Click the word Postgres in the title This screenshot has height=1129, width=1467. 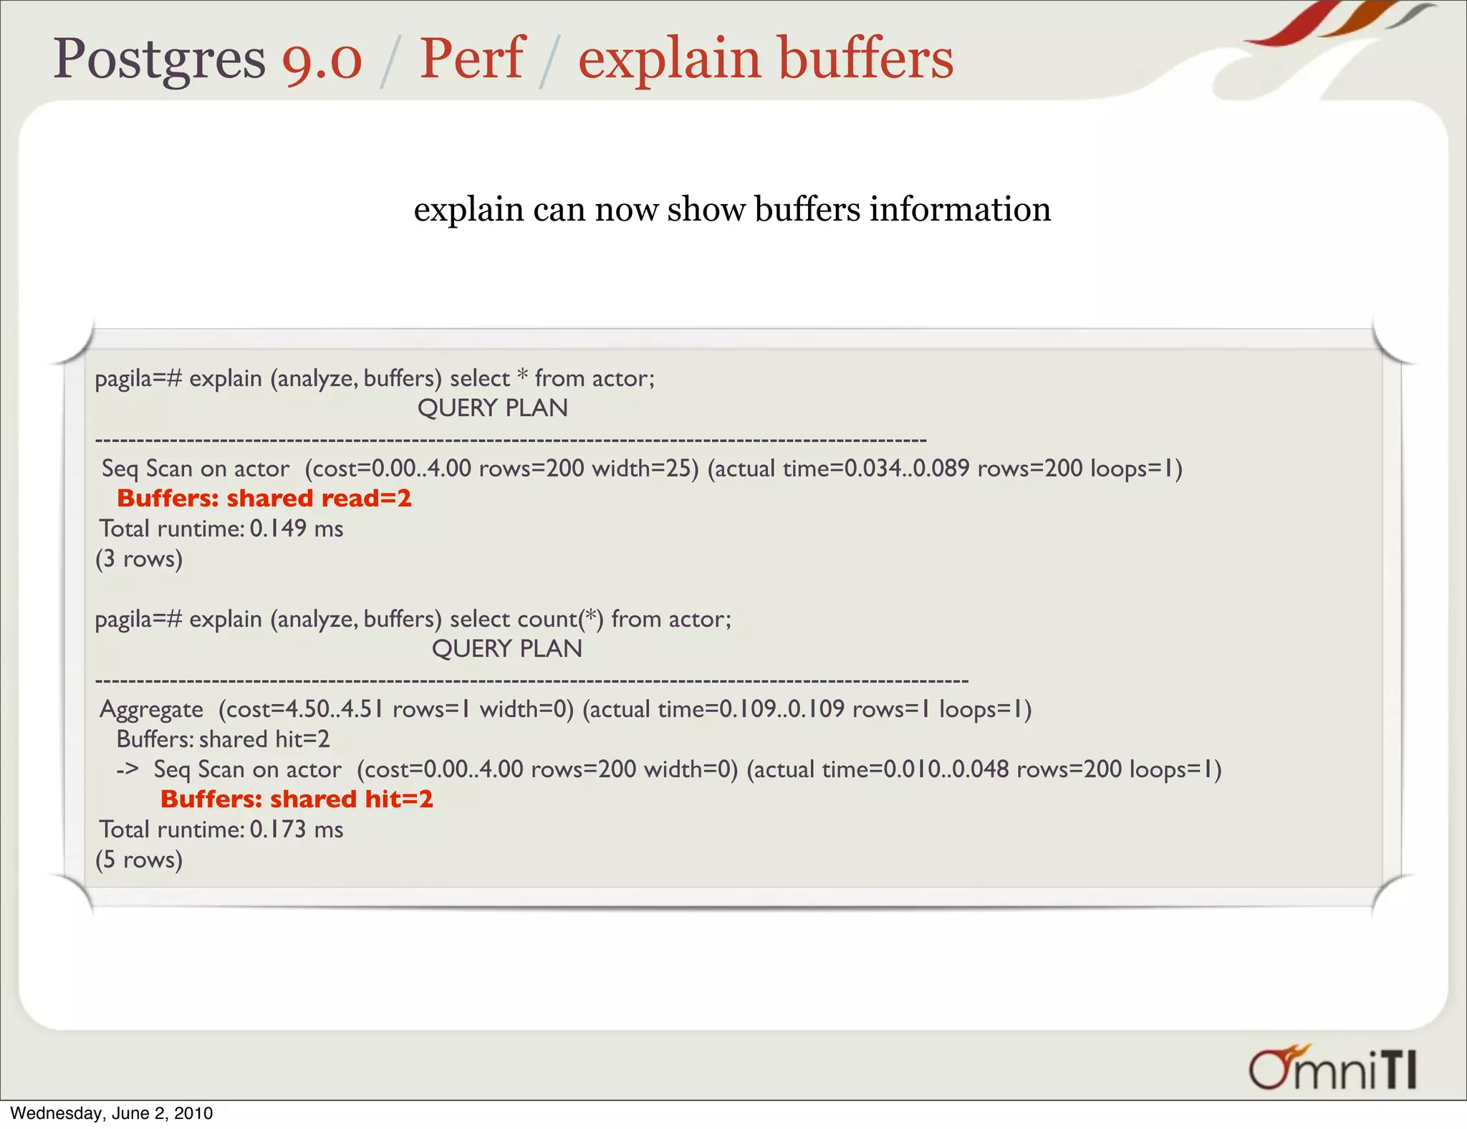pyautogui.click(x=159, y=59)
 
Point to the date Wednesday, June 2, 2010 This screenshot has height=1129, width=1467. pyautogui.click(x=112, y=1113)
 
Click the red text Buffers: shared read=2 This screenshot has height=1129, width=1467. pyautogui.click(x=264, y=499)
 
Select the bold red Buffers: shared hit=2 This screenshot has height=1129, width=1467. pyautogui.click(x=297, y=799)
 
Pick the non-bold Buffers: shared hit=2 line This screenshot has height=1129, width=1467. pyautogui.click(x=223, y=739)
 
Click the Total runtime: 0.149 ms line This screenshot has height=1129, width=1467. pyautogui.click(x=221, y=529)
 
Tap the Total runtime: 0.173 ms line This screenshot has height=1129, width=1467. pyautogui.click(x=221, y=830)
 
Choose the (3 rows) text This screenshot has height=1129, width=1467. pyautogui.click(x=139, y=559)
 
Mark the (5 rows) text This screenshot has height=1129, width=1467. pyautogui.click(x=139, y=860)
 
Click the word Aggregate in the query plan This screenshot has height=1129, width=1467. pyautogui.click(x=151, y=710)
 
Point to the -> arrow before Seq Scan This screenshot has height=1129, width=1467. pyautogui.click(x=128, y=769)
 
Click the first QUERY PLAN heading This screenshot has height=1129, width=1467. pyautogui.click(x=493, y=408)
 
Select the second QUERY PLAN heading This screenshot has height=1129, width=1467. pyautogui.click(x=507, y=649)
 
